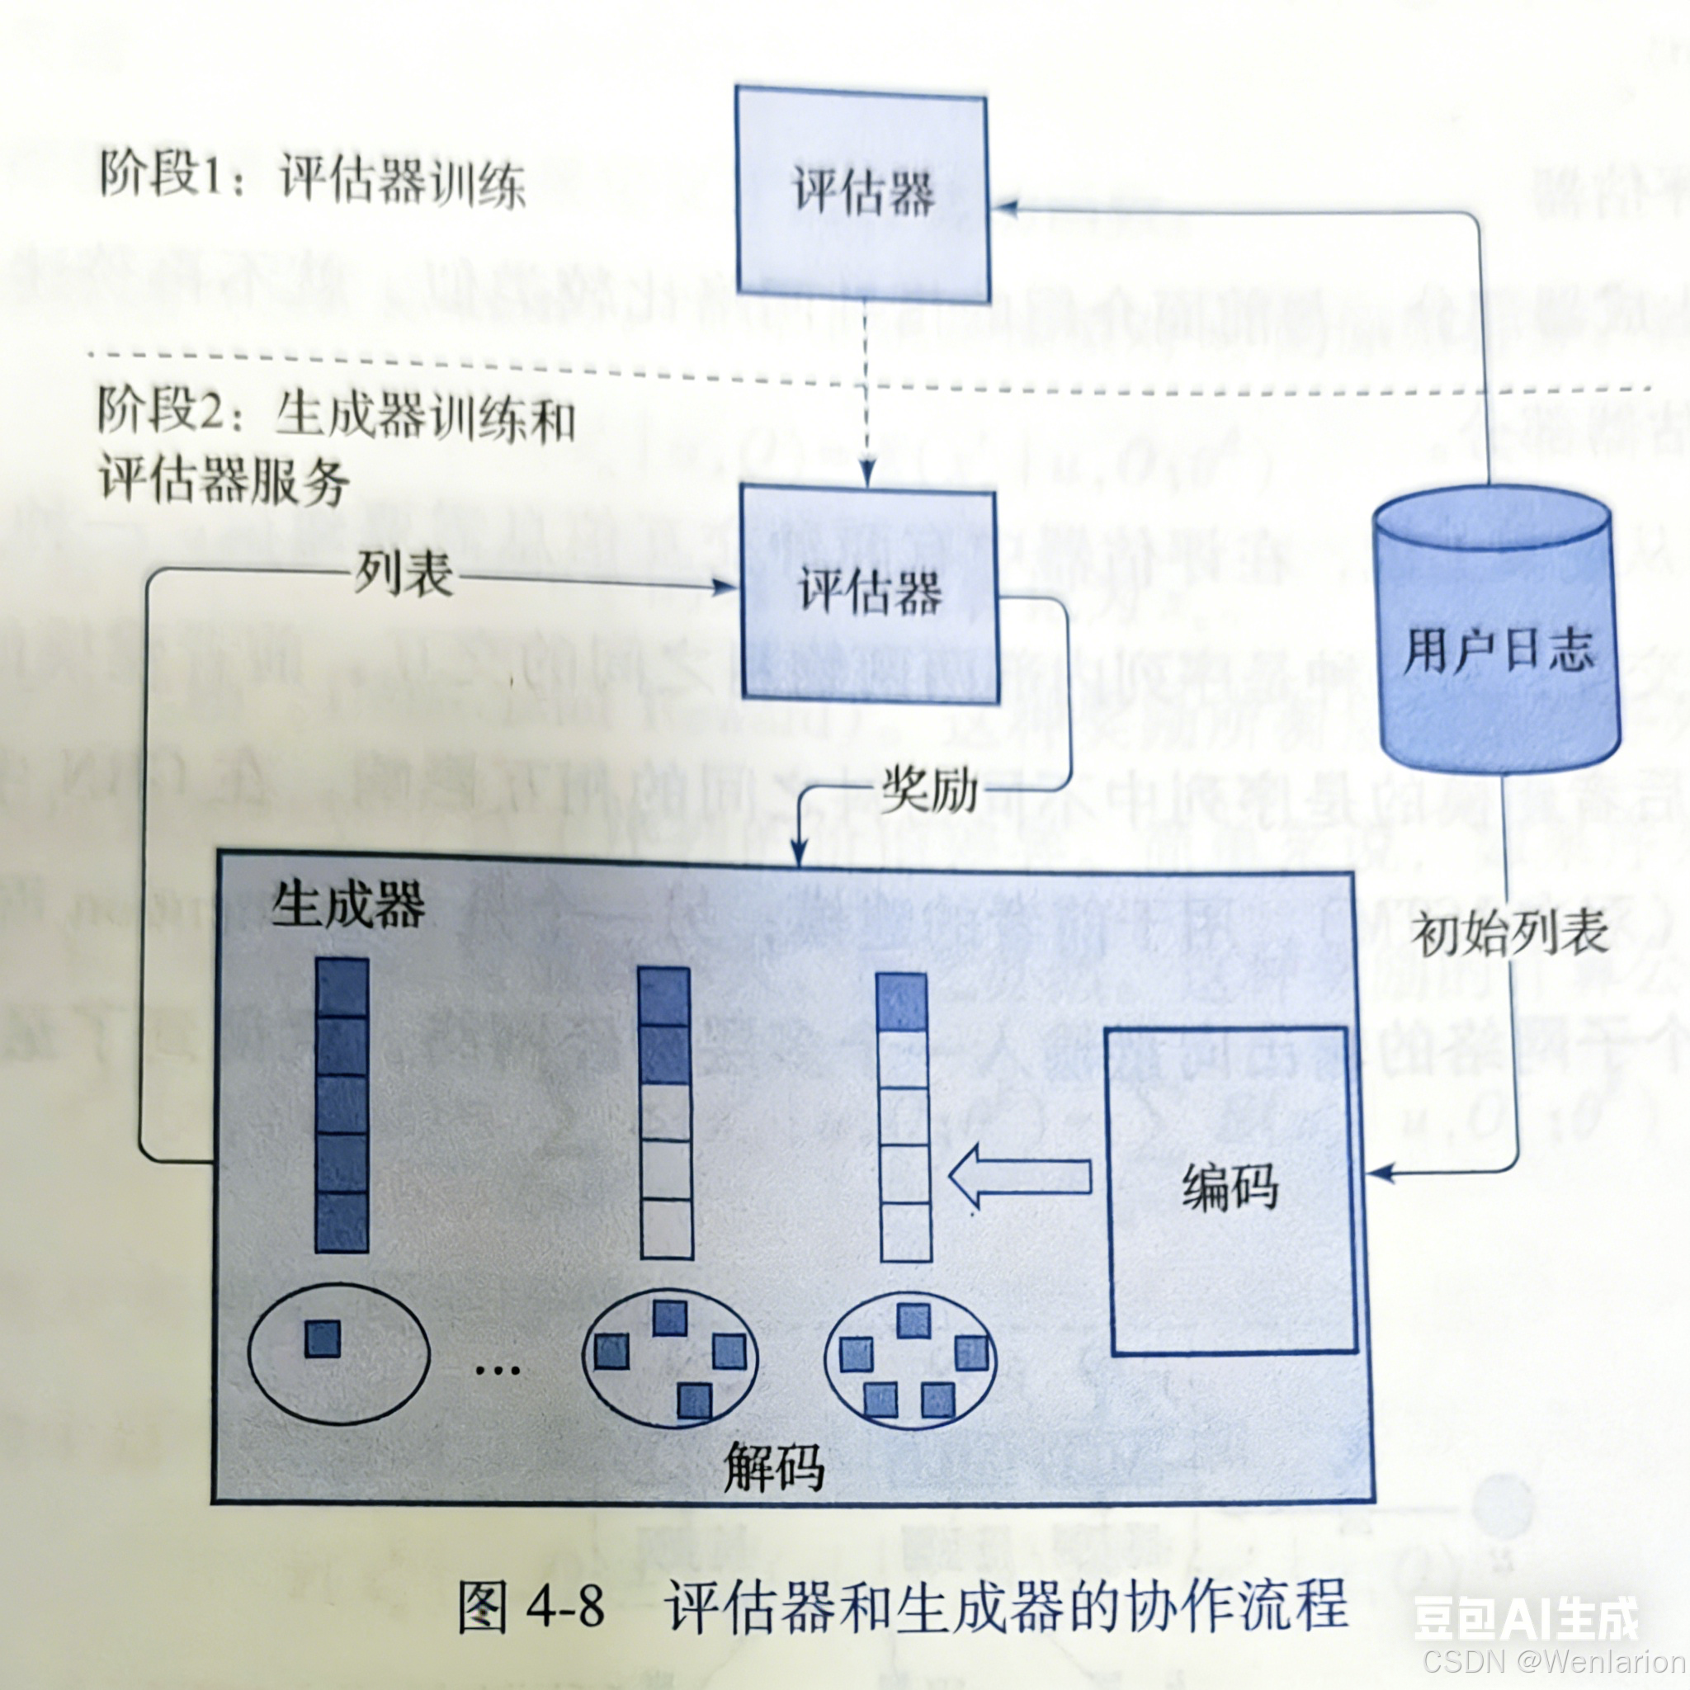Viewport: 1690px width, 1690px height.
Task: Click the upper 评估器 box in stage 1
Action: point(862,193)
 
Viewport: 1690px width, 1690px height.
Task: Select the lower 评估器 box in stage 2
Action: point(870,595)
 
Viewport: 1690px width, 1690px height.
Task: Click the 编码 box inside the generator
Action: point(1232,1191)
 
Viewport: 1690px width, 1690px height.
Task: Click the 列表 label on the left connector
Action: point(404,576)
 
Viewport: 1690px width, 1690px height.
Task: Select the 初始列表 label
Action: point(1510,934)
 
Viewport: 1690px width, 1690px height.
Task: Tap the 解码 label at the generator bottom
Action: point(774,1467)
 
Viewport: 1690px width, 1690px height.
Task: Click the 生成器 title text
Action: point(347,904)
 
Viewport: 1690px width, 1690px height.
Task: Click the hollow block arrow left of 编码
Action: point(1019,1177)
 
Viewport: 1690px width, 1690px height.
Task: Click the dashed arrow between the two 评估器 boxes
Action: point(865,394)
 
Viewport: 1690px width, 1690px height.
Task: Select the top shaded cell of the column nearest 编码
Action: point(902,1003)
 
